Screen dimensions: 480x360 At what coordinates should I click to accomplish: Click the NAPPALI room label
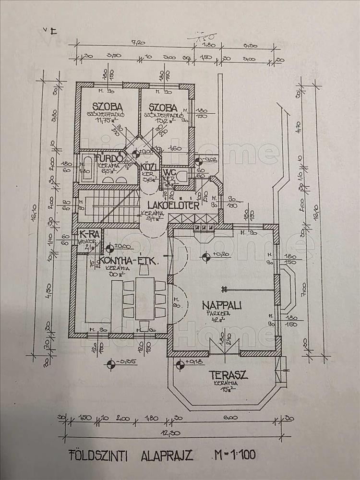221,305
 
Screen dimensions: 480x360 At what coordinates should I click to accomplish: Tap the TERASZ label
225,375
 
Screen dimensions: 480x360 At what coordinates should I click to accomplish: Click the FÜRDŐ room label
104,158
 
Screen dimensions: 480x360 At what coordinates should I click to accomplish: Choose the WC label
169,173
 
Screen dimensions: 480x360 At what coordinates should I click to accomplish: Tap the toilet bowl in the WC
181,177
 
